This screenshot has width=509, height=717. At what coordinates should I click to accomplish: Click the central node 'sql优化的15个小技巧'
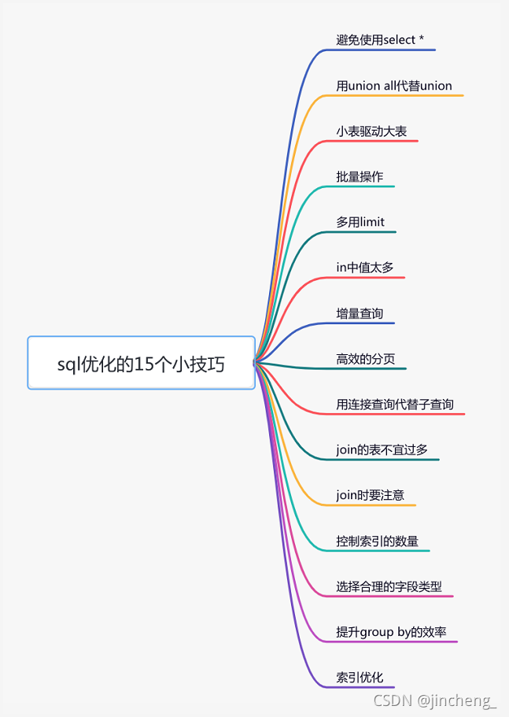(142, 363)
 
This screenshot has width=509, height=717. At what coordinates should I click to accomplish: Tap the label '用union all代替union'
(394, 85)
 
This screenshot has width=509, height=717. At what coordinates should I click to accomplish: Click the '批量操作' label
(360, 176)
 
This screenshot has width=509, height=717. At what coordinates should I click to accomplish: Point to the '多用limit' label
(360, 222)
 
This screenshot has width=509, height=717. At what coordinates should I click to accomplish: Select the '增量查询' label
(360, 313)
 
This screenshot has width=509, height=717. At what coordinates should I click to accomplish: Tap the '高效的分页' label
(366, 359)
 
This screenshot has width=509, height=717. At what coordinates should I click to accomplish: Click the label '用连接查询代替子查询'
(395, 405)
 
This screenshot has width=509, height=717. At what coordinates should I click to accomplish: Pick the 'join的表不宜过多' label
(382, 450)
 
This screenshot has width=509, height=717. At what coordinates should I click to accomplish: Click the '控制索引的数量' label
(378, 541)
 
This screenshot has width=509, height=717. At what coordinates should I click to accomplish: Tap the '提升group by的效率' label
(392, 632)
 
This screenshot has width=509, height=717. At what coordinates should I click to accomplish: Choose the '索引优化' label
(360, 678)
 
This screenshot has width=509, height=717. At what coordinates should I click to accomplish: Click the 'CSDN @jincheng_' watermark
(435, 700)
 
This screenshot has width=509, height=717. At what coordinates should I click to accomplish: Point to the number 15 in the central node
(144, 364)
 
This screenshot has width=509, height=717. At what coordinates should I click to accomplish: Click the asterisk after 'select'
(422, 39)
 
